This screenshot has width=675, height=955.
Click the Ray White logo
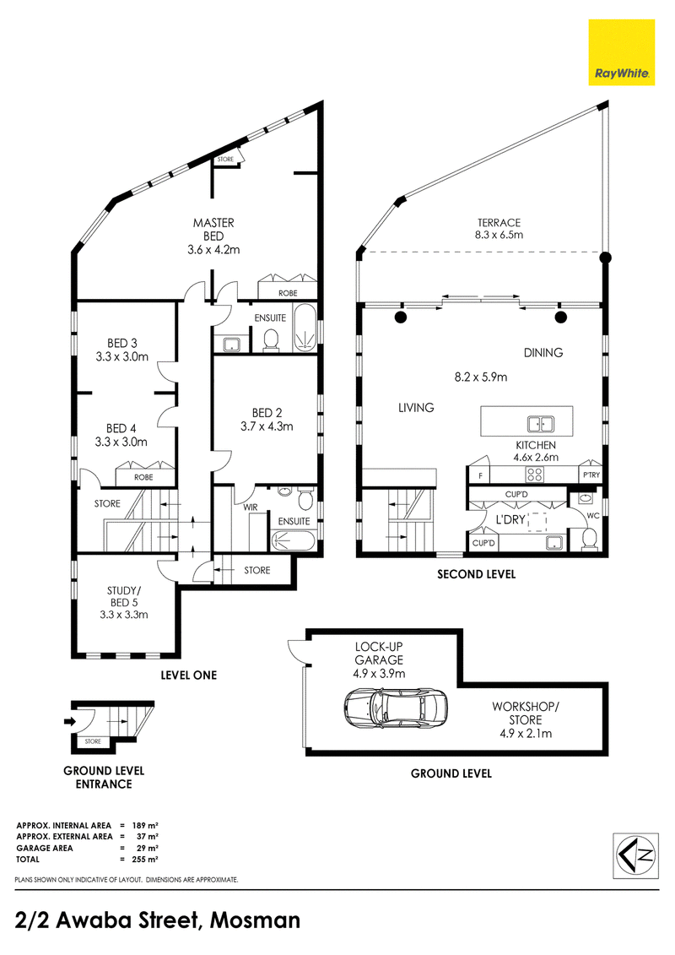pos(622,52)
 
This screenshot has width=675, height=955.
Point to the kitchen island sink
pos(537,424)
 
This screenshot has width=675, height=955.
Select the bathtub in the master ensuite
pos(305,330)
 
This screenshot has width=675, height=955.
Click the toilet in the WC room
pos(590,536)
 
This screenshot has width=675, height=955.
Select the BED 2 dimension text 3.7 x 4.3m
pos(267,426)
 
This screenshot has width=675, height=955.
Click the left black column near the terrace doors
pos(401,317)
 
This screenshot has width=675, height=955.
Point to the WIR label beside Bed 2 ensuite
pos(251,507)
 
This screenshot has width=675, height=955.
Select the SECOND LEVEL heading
pos(476,574)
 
